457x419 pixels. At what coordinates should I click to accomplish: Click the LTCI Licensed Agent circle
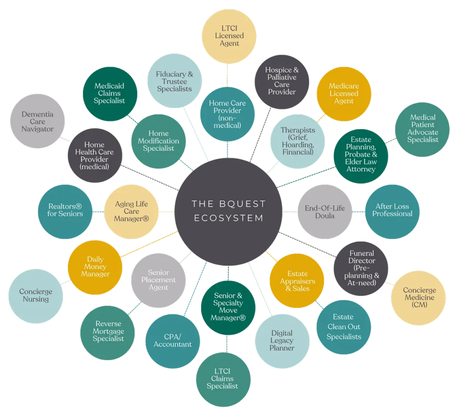point(229,36)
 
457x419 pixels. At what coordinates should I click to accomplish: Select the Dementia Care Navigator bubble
point(37,121)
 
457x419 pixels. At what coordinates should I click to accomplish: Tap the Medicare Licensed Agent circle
point(344,94)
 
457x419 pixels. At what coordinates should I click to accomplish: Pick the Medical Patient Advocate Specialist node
point(422,129)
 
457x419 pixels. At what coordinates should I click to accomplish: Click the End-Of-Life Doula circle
point(325,212)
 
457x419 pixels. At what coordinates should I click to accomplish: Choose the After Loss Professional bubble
point(392,212)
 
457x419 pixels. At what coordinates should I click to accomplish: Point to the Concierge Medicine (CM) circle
point(419,298)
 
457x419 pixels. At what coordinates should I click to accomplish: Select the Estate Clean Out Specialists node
point(344,327)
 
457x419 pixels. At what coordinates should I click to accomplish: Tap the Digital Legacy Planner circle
point(282,341)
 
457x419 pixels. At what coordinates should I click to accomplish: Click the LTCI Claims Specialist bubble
point(223,379)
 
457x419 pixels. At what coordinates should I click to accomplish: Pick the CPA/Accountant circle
point(173,341)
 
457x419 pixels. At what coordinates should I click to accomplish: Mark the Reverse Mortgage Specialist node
point(108,333)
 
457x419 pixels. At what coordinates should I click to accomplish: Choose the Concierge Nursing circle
point(36,296)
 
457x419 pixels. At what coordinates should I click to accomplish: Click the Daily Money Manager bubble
point(95,267)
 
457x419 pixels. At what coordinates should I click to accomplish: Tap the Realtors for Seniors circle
point(65,212)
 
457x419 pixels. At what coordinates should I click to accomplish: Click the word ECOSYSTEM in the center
point(229,218)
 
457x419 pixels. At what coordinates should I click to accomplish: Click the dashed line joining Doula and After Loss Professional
point(358,212)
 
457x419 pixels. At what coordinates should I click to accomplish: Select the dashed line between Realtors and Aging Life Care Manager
point(98,212)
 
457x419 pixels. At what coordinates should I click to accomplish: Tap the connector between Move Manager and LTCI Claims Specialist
point(227,344)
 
